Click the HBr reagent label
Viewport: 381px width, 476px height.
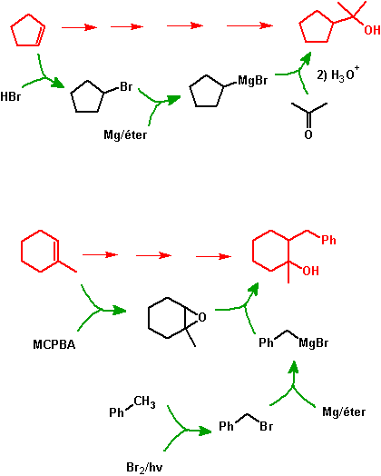click(11, 96)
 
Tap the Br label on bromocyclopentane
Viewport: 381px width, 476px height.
click(126, 86)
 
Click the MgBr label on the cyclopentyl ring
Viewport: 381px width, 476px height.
click(253, 81)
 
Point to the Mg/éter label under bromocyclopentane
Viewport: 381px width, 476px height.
click(125, 134)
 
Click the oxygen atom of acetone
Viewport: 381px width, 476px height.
click(308, 134)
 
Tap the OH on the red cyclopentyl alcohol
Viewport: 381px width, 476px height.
click(372, 30)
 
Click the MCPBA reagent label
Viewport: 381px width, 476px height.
click(54, 344)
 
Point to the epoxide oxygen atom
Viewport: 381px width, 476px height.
click(202, 317)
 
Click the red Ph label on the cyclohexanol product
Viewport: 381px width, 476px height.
click(329, 240)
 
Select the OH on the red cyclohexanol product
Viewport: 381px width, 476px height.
click(310, 271)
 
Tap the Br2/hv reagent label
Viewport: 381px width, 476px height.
click(144, 468)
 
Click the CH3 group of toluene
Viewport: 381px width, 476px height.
click(144, 402)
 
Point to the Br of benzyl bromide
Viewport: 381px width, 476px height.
click(266, 427)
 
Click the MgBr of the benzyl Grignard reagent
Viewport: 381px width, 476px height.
click(313, 343)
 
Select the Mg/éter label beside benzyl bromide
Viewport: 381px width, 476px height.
click(344, 412)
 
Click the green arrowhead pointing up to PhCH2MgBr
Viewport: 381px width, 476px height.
click(293, 367)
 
